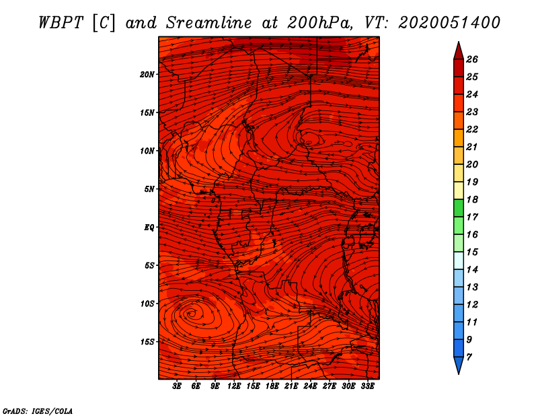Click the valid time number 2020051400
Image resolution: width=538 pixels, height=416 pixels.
[449, 22]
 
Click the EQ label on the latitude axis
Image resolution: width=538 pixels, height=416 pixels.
[149, 228]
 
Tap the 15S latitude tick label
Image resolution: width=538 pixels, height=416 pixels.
[148, 342]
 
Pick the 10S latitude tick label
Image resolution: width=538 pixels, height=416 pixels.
[148, 304]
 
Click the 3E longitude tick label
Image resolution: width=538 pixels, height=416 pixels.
[178, 386]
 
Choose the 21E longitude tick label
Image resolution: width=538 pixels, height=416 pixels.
[291, 386]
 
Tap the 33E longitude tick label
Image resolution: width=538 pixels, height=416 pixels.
[367, 386]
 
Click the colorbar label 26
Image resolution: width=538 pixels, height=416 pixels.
[472, 59]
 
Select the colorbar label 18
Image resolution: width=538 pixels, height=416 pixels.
[472, 199]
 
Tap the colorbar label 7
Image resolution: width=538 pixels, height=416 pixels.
[469, 357]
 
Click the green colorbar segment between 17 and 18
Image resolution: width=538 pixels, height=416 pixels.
[458, 208]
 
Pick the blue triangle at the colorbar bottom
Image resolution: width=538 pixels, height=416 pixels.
[458, 364]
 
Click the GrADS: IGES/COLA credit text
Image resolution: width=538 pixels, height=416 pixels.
[38, 410]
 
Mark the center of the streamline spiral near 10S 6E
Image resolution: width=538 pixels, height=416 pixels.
[192, 312]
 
